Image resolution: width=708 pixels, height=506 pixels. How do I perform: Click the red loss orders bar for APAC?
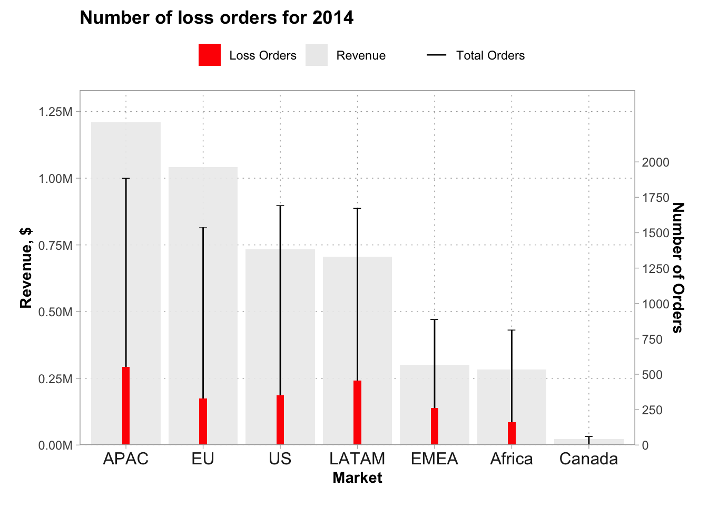[x=126, y=406]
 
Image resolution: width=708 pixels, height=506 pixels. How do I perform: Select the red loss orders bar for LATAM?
[x=357, y=413]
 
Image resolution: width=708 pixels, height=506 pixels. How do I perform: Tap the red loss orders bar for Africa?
[x=512, y=433]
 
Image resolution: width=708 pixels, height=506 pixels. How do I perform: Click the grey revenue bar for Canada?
[x=606, y=442]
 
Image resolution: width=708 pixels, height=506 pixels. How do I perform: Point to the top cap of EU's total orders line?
[x=203, y=228]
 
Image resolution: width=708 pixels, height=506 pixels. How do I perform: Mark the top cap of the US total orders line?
[x=280, y=206]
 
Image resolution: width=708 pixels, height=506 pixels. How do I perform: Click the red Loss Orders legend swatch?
[x=210, y=55]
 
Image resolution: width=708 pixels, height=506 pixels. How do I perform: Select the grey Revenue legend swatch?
[x=317, y=55]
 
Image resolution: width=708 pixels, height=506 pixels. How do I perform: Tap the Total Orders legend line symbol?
[x=436, y=55]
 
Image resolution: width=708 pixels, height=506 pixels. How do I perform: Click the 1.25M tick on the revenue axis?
[x=55, y=112]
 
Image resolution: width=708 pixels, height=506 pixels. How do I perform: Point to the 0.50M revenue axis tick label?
[x=55, y=312]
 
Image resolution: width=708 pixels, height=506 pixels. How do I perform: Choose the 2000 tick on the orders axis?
[x=655, y=162]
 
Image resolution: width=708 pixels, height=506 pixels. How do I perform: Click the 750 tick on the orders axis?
[x=652, y=339]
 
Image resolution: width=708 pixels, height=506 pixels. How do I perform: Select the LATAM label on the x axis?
[x=357, y=459]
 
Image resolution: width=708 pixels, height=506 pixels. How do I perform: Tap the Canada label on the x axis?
[x=588, y=459]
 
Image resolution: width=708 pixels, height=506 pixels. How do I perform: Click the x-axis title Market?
[x=357, y=478]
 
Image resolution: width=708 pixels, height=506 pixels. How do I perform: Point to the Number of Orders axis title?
[x=678, y=268]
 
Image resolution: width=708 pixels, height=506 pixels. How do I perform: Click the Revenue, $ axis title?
[x=26, y=268]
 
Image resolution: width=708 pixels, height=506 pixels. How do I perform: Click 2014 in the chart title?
[x=332, y=18]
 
